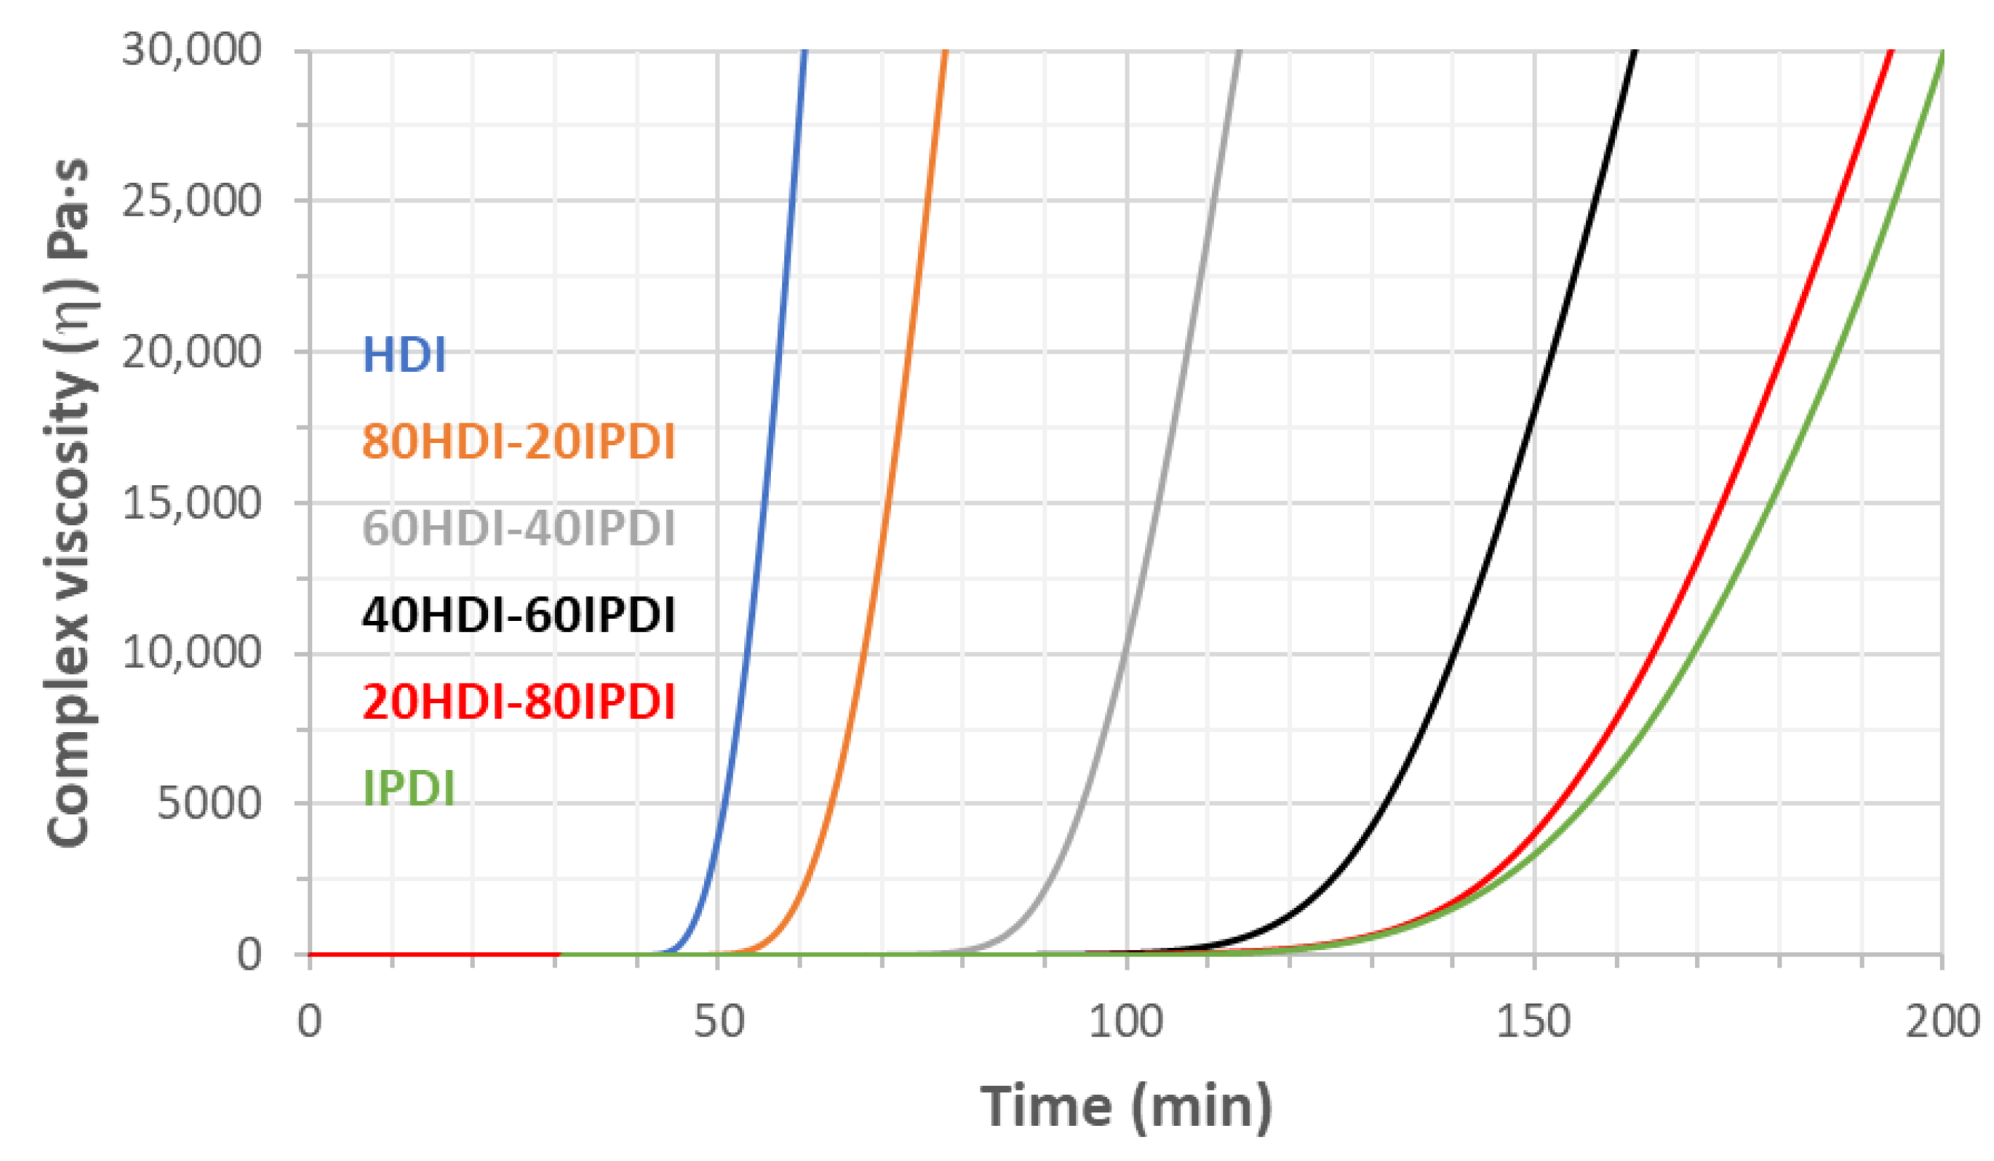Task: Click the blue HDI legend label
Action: [x=404, y=355]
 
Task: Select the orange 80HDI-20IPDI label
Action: [x=518, y=442]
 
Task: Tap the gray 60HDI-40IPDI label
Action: [x=518, y=528]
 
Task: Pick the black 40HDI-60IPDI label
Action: [x=518, y=615]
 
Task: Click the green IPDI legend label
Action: [x=408, y=788]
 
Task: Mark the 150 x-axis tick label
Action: [x=1533, y=1022]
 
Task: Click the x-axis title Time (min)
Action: [x=1126, y=1108]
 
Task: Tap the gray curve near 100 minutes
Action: [x=1125, y=656]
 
